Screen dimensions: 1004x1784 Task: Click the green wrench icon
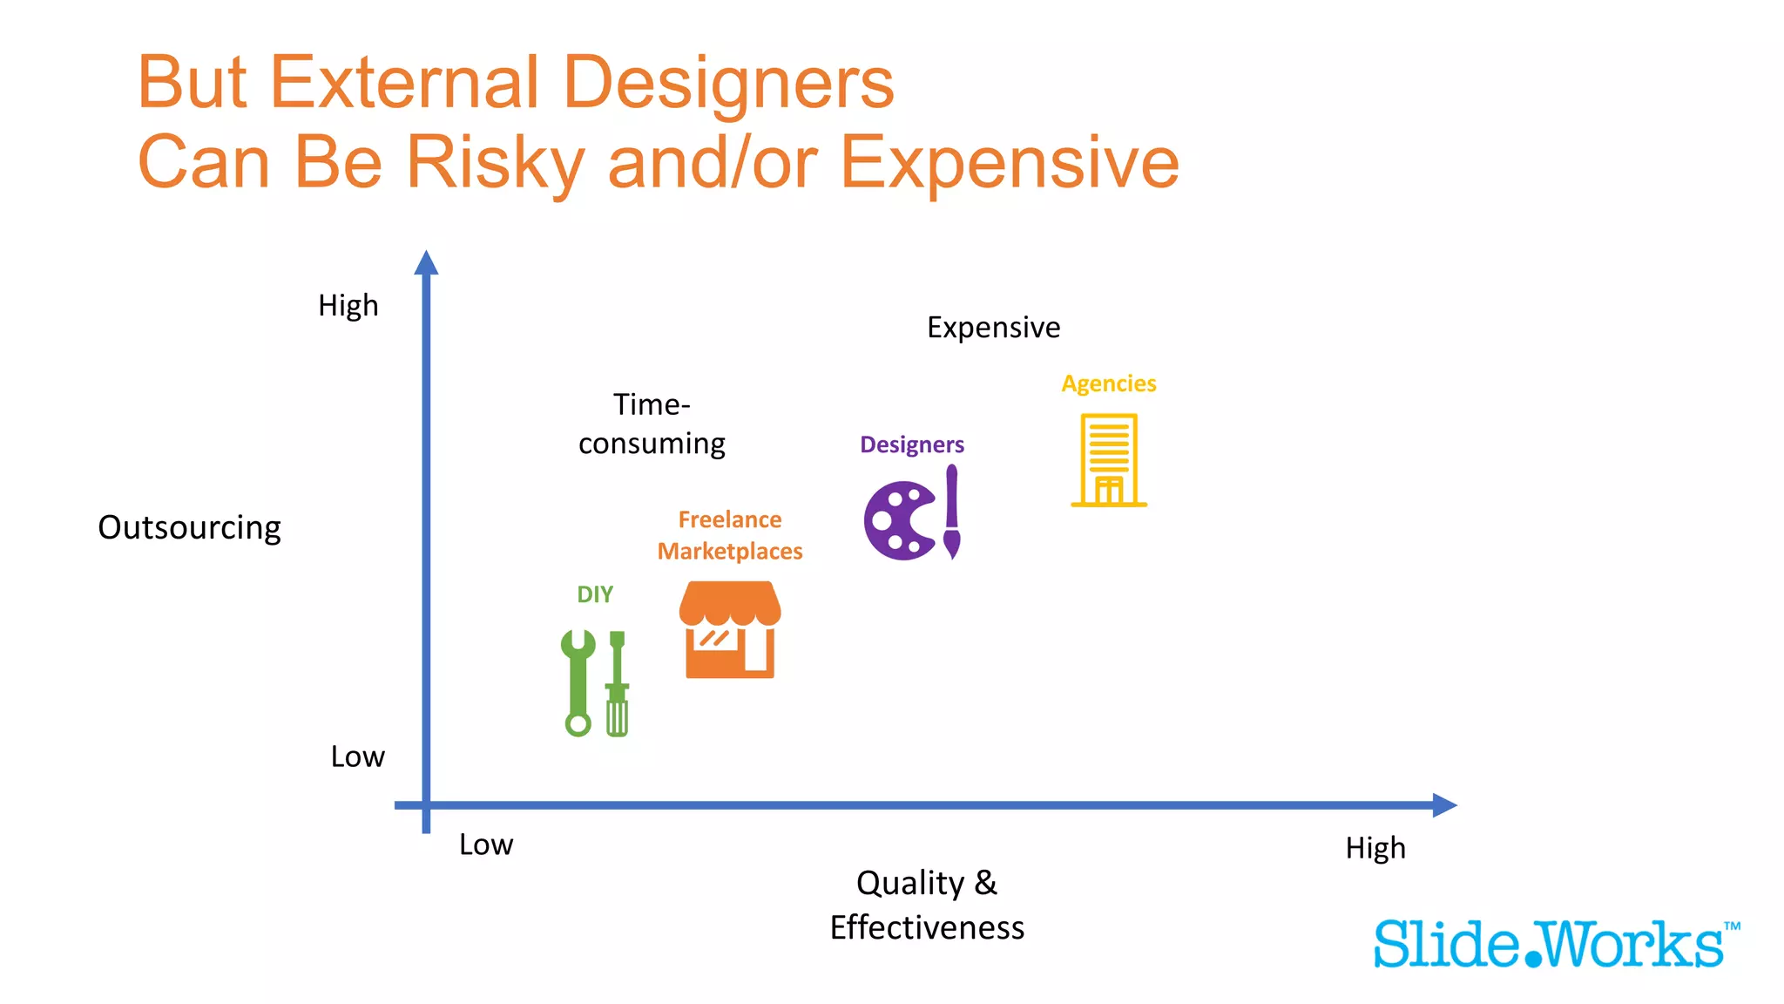tap(578, 682)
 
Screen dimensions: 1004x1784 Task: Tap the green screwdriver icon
tap(618, 684)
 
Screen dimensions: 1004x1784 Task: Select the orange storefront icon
tap(730, 630)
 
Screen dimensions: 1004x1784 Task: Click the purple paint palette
tap(899, 520)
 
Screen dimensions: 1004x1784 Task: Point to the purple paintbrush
tap(952, 512)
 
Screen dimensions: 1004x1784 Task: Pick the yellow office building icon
tap(1109, 460)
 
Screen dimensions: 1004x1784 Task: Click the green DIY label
tap(595, 594)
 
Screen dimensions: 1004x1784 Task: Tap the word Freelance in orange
tap(730, 519)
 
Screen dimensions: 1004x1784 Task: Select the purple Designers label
tap(912, 444)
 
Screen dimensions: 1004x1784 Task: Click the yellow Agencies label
tap(1108, 383)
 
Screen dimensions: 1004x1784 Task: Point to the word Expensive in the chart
tap(993, 328)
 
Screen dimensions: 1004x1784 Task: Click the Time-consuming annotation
tap(652, 424)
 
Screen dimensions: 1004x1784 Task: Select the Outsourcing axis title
tap(189, 528)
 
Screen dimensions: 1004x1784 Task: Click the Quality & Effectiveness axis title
tap(927, 905)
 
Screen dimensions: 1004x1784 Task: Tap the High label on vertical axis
tap(348, 306)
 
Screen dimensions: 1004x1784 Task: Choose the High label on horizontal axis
tap(1375, 848)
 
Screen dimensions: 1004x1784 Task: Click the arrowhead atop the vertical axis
tap(426, 262)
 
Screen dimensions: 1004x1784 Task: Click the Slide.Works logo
tap(1556, 944)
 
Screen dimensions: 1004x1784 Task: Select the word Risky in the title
tap(495, 163)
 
